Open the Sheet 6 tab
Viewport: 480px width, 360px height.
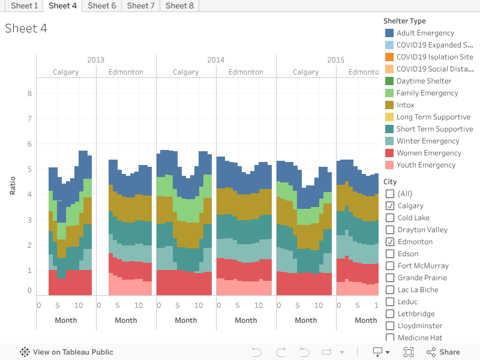[101, 5]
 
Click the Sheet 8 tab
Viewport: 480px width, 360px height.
[179, 5]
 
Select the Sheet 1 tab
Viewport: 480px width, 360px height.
[24, 5]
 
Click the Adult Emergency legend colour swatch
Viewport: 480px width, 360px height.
[389, 33]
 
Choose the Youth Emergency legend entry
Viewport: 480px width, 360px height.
[425, 165]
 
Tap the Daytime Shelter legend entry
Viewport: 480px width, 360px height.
[424, 81]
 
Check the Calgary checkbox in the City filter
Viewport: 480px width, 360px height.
[390, 206]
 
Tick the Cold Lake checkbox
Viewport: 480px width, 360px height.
[390, 218]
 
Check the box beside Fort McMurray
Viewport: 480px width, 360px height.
[390, 266]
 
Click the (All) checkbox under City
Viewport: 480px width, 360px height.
[390, 194]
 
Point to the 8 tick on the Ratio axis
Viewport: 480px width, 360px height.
[29, 93]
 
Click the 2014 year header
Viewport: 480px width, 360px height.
[216, 60]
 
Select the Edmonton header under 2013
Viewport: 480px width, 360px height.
[126, 72]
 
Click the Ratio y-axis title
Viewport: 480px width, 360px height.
[13, 186]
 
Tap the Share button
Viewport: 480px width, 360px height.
[443, 352]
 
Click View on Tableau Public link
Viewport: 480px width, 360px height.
[67, 352]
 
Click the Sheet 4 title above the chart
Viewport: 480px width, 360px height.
[26, 28]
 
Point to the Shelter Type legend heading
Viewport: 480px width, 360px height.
[404, 21]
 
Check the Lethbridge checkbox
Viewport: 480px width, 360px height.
[390, 314]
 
